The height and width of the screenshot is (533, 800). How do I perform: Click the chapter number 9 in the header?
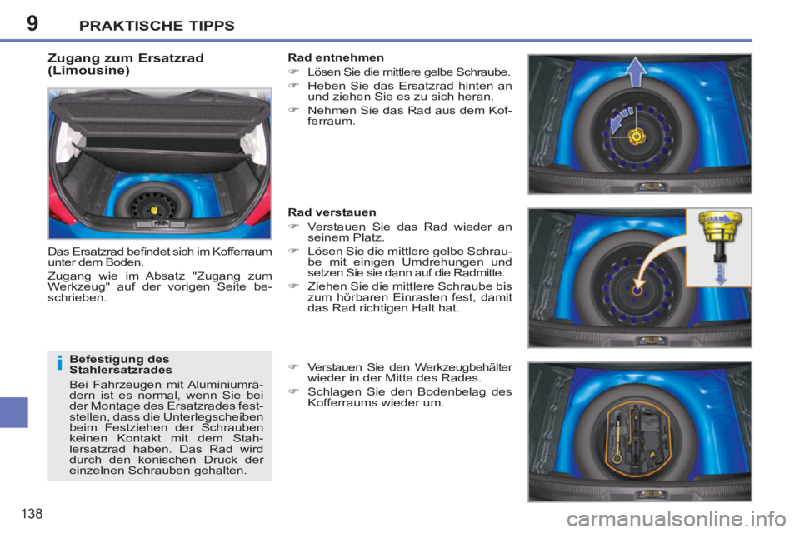coord(32,22)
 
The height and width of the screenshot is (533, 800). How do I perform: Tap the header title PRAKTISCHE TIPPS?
coord(157,25)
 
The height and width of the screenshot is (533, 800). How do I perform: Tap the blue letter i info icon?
coord(58,364)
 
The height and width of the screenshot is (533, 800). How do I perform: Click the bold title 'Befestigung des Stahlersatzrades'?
coord(121,364)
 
